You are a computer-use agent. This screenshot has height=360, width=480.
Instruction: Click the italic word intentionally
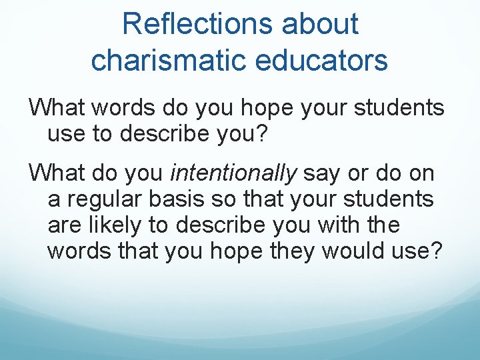tap(234, 174)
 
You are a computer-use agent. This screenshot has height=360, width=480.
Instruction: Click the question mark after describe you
tap(261, 134)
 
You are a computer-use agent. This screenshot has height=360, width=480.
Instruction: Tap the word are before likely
tap(64, 225)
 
